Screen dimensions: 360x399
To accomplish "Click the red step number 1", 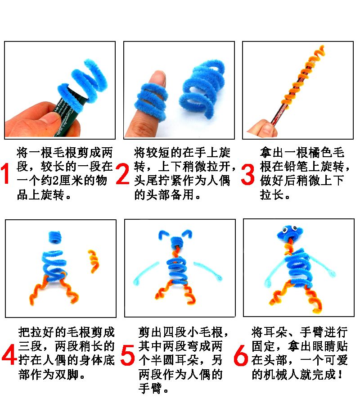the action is [5, 173].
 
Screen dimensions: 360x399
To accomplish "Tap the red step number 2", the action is [122, 174].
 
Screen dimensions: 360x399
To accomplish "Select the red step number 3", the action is [247, 174].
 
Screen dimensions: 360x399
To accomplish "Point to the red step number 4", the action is [9, 354].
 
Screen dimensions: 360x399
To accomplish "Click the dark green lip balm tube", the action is [65, 114].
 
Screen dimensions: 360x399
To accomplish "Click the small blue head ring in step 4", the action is [55, 237].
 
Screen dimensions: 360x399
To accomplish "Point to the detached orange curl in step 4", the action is [94, 261].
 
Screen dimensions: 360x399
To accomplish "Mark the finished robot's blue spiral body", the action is [298, 270].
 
